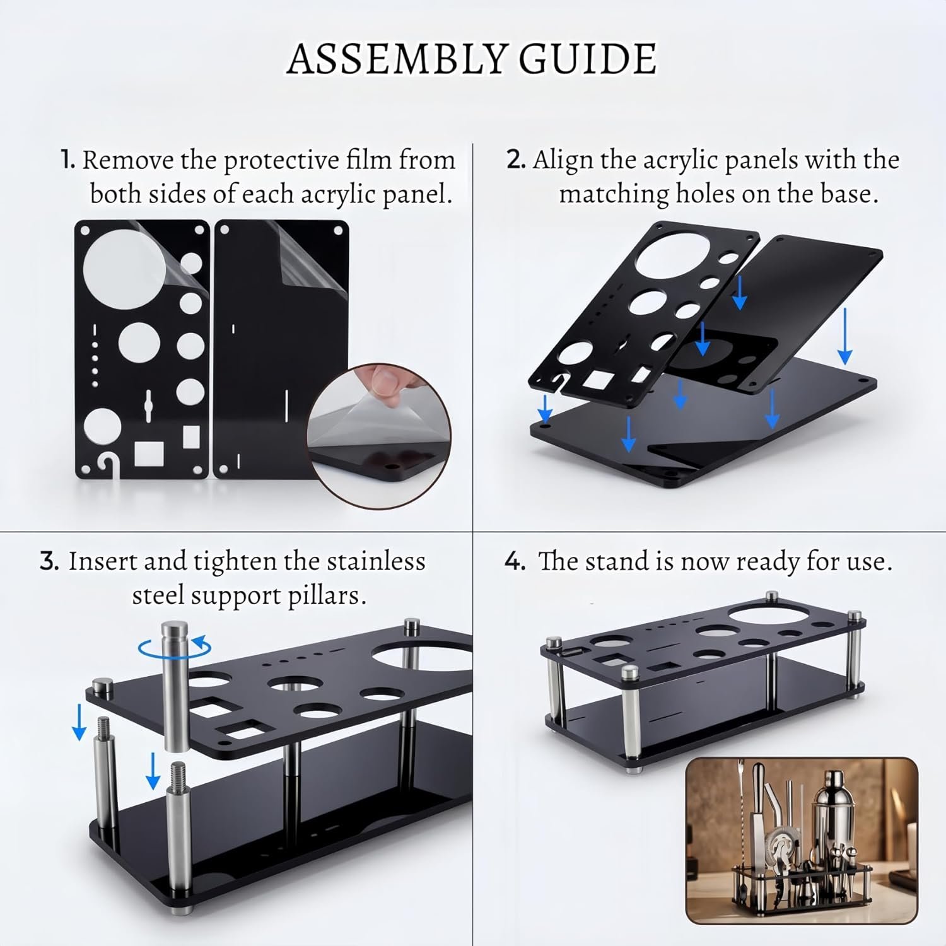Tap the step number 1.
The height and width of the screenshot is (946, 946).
click(67, 160)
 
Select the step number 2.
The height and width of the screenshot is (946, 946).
click(516, 160)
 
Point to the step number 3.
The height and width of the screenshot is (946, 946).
click(49, 561)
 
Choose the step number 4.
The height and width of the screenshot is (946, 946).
click(515, 561)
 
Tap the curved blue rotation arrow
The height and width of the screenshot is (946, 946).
click(175, 646)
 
